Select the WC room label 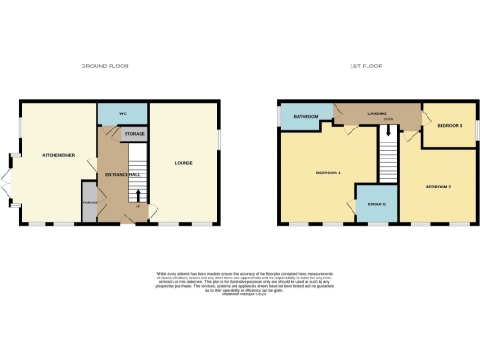pos(122,113)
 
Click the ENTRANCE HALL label pos(121,175)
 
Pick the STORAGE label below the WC pos(134,135)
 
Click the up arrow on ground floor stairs pos(139,197)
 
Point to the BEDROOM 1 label pos(327,172)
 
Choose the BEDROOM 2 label pos(438,187)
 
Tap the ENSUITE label pos(378,202)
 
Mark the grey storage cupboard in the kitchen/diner pos(90,204)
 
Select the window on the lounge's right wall pos(220,137)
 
